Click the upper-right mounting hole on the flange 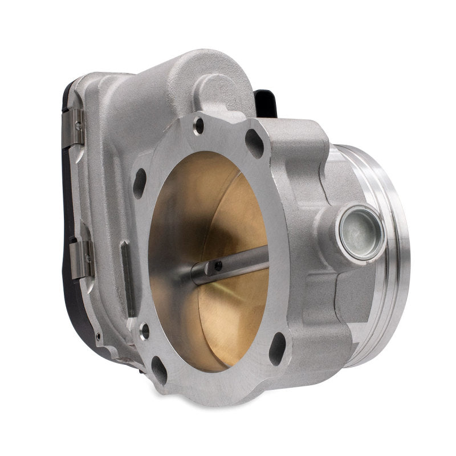coord(254,143)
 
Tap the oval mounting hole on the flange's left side coord(140,183)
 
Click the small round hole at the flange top coord(198,125)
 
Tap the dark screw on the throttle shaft coord(218,265)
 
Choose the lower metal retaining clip coord(82,259)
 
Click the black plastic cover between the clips coord(71,194)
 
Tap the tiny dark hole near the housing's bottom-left coord(97,336)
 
